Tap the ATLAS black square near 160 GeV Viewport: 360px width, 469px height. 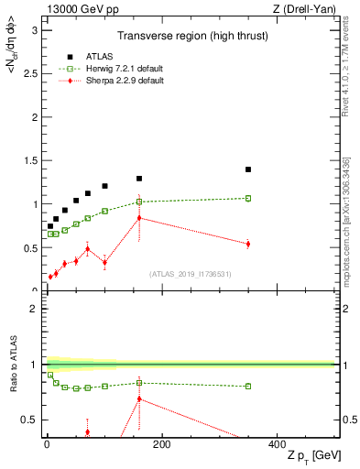tap(139, 179)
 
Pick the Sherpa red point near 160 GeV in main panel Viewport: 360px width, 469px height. tap(139, 218)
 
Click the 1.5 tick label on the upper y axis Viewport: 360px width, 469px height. tap(29, 160)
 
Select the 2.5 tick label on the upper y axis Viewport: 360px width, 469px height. tap(29, 73)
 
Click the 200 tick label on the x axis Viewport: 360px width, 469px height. tap(162, 445)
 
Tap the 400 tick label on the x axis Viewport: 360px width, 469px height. tap(277, 445)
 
